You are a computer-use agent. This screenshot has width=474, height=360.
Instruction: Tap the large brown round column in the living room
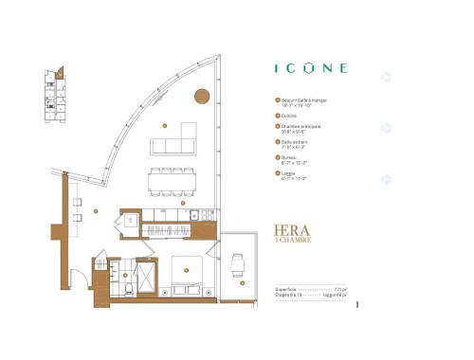click(x=202, y=94)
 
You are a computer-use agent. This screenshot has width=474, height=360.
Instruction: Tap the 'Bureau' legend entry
click(x=290, y=157)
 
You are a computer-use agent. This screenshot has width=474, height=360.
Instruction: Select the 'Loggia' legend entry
click(x=290, y=172)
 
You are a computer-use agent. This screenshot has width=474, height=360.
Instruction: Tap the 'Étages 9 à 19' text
click(x=288, y=297)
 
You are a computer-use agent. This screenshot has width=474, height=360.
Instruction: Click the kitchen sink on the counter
click(x=194, y=215)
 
